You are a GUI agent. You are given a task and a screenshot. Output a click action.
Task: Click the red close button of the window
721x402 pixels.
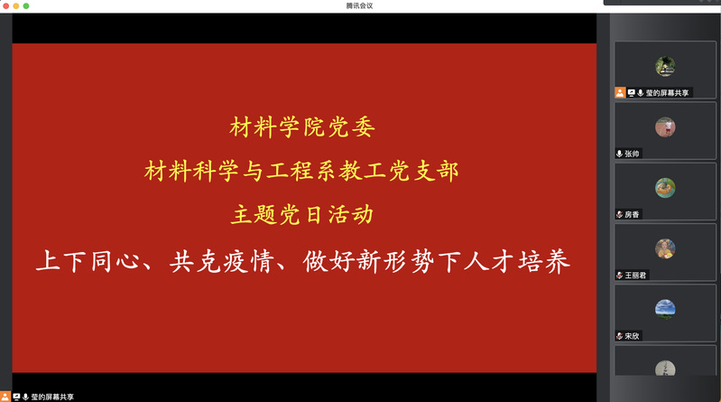(5, 5)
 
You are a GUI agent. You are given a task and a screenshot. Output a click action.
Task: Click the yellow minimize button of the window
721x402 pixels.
(15, 5)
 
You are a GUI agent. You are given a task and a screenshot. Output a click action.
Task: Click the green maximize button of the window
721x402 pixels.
(26, 5)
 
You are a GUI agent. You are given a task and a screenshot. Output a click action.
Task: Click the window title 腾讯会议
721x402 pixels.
(359, 5)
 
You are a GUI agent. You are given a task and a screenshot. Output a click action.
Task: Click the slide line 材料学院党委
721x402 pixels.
(302, 127)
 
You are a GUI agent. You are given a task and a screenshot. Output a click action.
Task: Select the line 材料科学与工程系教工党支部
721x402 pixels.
(301, 172)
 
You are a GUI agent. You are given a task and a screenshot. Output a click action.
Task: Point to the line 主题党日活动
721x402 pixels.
(302, 215)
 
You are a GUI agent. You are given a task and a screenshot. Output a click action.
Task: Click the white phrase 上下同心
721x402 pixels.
(88, 261)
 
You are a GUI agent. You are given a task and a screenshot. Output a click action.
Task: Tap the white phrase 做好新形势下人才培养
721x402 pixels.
(437, 261)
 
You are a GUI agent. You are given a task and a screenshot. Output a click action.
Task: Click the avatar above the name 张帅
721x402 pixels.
(665, 127)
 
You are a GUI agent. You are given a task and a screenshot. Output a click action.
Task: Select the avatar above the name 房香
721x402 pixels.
(665, 188)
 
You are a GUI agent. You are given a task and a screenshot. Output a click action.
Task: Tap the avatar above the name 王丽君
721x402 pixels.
(665, 248)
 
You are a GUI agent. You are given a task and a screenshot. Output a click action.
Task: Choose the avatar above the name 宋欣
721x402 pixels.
(665, 310)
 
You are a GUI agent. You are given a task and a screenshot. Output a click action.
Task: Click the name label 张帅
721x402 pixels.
(632, 154)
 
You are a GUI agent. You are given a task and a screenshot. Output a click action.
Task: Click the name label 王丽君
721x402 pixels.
(635, 276)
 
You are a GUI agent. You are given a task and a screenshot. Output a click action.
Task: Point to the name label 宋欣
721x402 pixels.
(632, 336)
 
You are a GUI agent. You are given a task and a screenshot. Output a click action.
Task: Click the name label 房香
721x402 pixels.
(632, 215)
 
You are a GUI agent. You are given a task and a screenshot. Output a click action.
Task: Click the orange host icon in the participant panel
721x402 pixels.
(620, 93)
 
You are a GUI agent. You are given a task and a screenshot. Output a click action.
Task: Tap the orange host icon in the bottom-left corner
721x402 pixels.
(5, 397)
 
